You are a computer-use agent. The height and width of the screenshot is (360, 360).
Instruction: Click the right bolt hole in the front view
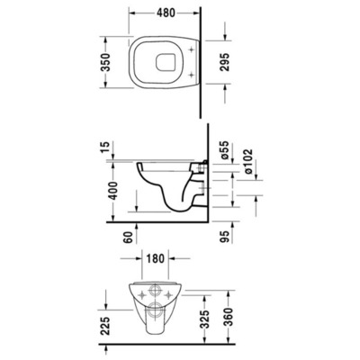(x=169, y=292)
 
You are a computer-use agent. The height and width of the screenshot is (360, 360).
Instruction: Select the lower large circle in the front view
(x=155, y=312)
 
